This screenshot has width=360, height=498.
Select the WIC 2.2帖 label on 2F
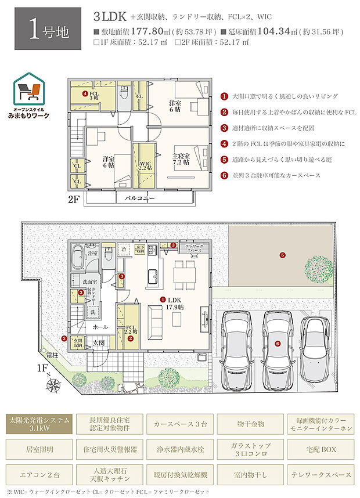click(x=145, y=165)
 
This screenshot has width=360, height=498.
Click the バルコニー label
click(x=140, y=199)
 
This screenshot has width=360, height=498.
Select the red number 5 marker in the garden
click(x=282, y=255)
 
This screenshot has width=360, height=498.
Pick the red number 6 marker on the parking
click(x=278, y=344)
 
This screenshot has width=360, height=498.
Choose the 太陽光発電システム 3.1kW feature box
click(x=39, y=424)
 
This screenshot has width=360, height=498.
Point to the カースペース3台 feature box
click(x=180, y=424)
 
